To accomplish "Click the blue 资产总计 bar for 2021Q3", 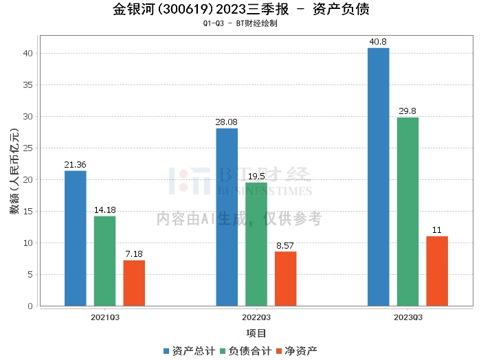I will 75,238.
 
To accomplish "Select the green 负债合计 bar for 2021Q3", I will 104,261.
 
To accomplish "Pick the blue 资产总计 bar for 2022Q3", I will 227,217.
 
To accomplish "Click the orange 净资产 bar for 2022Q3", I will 286,279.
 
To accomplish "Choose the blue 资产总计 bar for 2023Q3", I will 378,177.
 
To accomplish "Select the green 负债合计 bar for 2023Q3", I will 407,212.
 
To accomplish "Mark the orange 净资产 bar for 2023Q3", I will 437,271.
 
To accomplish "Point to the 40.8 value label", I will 378,42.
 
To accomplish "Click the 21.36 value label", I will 75,165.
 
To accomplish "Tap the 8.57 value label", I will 286,246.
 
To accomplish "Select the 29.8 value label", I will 407,111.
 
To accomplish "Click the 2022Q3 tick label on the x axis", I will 256,317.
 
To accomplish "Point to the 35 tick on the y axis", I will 27,85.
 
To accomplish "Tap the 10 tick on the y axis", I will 27,243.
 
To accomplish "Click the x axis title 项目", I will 256,333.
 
